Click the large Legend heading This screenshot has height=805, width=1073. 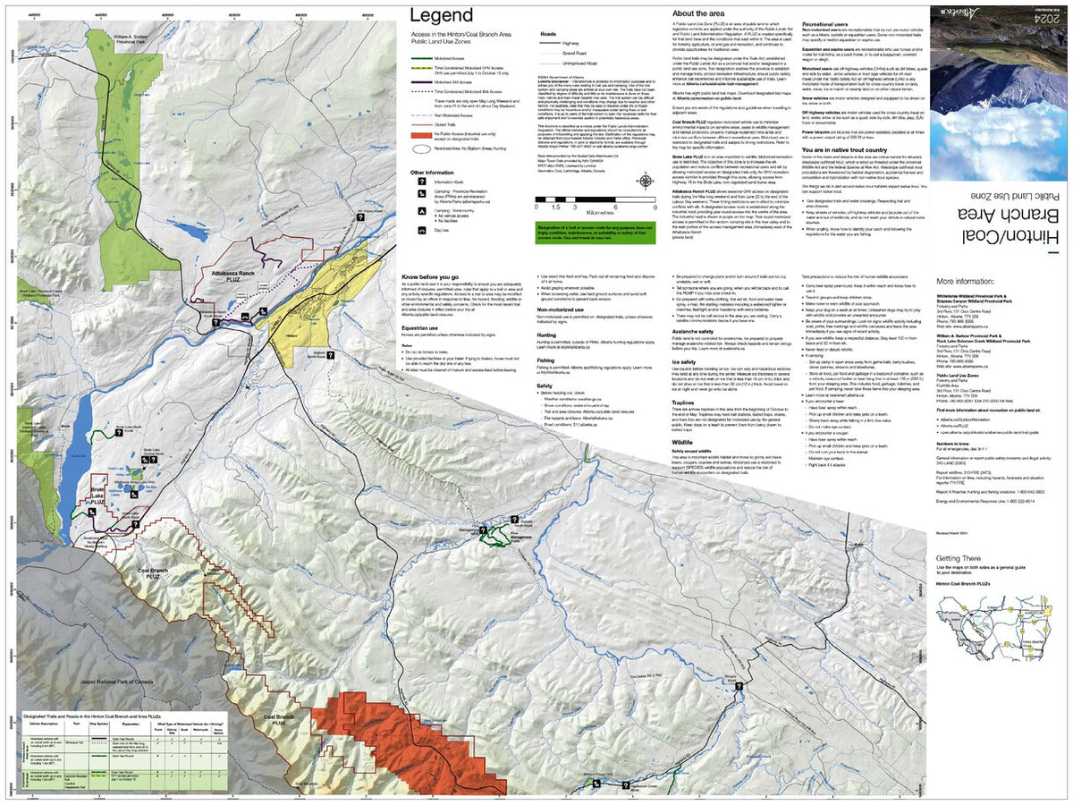coord(441,15)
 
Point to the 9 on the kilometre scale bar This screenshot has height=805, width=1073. coord(640,207)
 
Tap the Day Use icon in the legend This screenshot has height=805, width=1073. coord(420,230)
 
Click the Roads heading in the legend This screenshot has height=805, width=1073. coord(548,34)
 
